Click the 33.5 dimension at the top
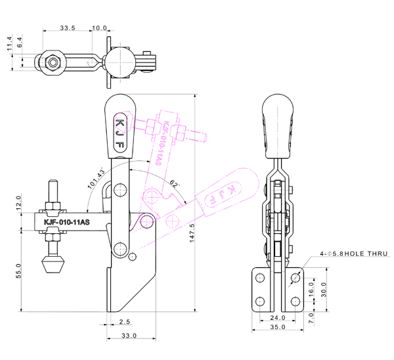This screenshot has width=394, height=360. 67,28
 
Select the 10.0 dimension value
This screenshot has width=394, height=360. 100,28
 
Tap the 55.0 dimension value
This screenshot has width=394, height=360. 19,271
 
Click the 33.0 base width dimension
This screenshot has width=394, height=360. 129,336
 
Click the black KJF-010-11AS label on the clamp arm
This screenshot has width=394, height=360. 66,222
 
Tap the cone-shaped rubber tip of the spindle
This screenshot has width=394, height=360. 53,267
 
